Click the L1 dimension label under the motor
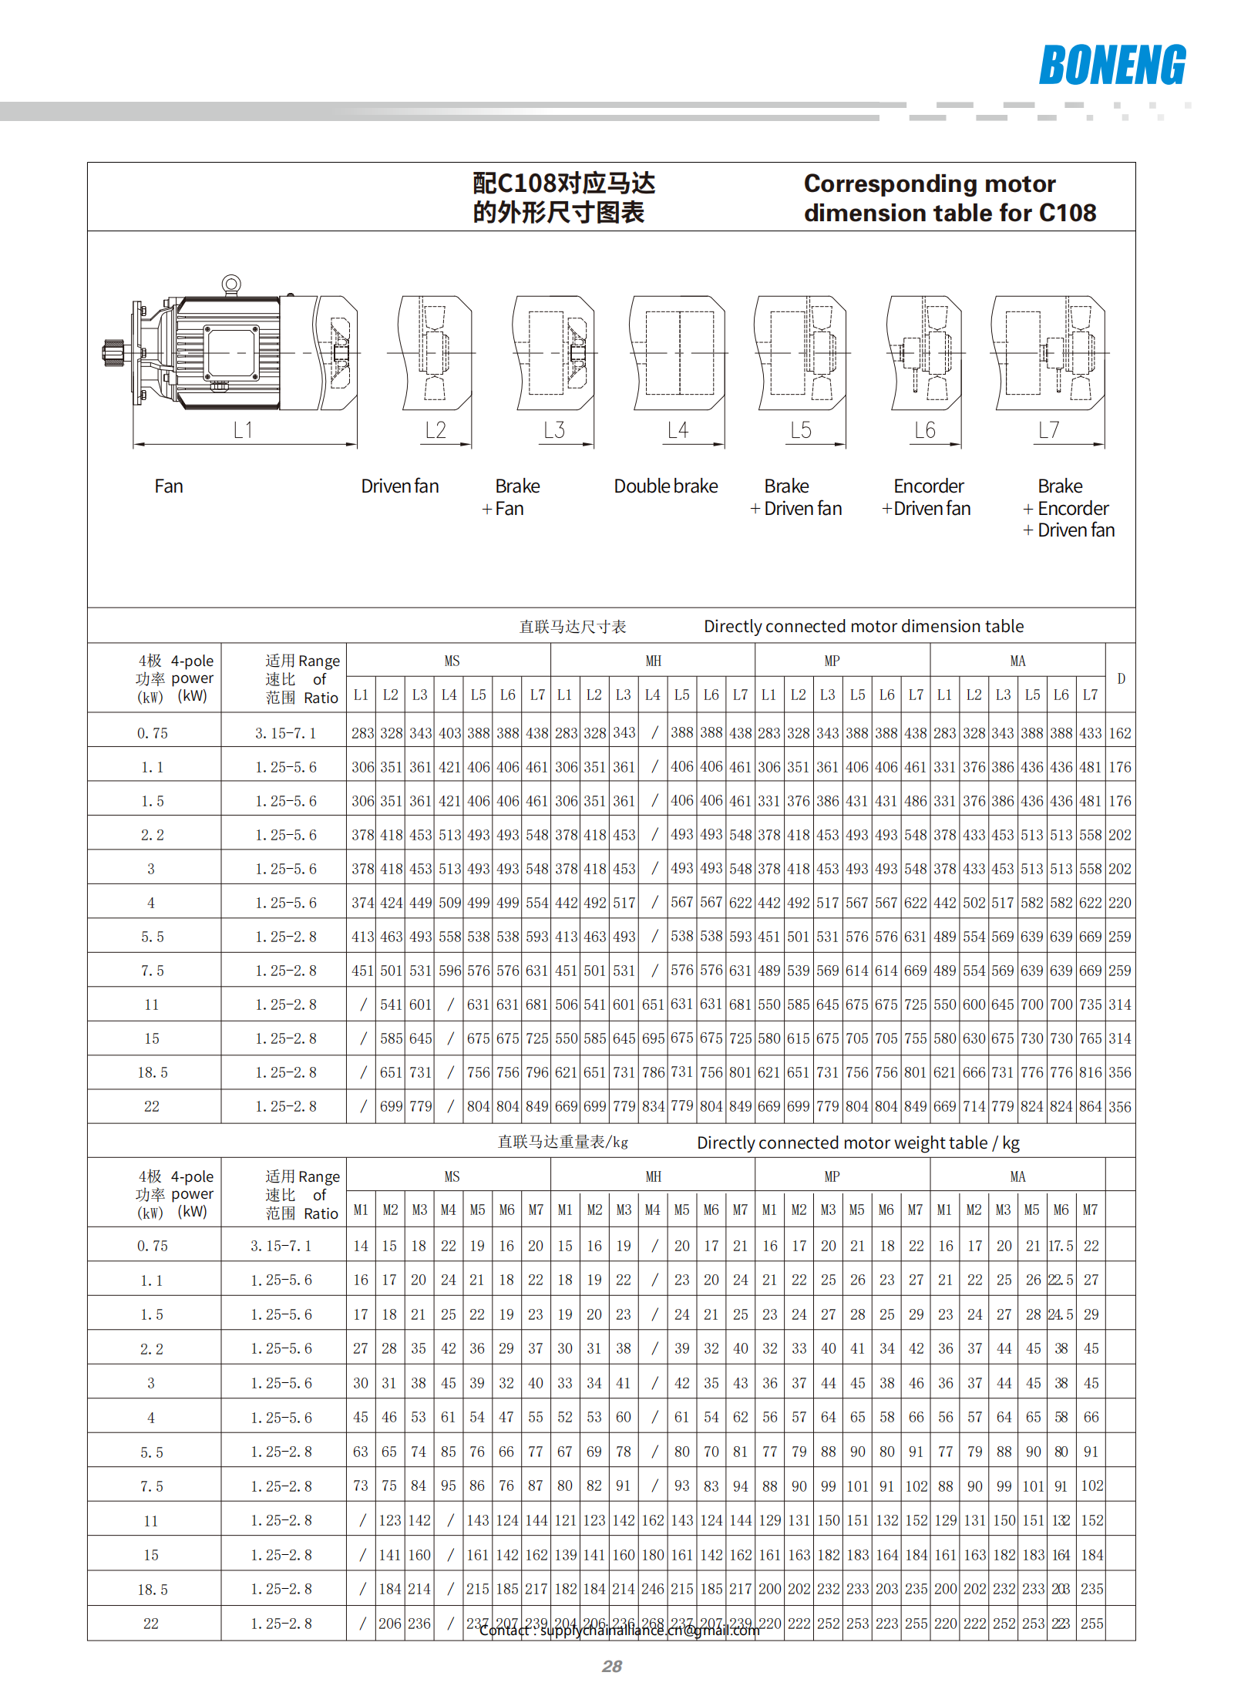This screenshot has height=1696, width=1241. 243,430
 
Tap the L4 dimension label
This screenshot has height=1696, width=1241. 678,430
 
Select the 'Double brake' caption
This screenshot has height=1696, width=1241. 666,486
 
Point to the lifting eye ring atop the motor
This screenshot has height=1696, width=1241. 230,284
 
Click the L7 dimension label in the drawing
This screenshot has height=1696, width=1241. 1049,430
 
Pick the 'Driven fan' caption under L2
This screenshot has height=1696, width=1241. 400,486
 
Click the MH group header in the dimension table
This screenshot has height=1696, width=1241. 653,661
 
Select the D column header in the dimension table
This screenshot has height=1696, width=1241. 1121,678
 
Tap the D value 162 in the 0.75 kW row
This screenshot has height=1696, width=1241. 1120,733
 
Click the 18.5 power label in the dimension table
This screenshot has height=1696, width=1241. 152,1072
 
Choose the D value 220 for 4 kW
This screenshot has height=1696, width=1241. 1120,903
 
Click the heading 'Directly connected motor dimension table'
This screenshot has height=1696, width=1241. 863,626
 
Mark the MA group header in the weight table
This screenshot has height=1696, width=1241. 1017,1176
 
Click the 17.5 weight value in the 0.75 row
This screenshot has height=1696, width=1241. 1061,1246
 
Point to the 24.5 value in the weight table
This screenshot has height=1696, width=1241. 1061,1314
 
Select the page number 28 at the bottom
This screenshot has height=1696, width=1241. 612,1667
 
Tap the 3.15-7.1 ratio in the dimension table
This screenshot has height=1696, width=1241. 285,733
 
